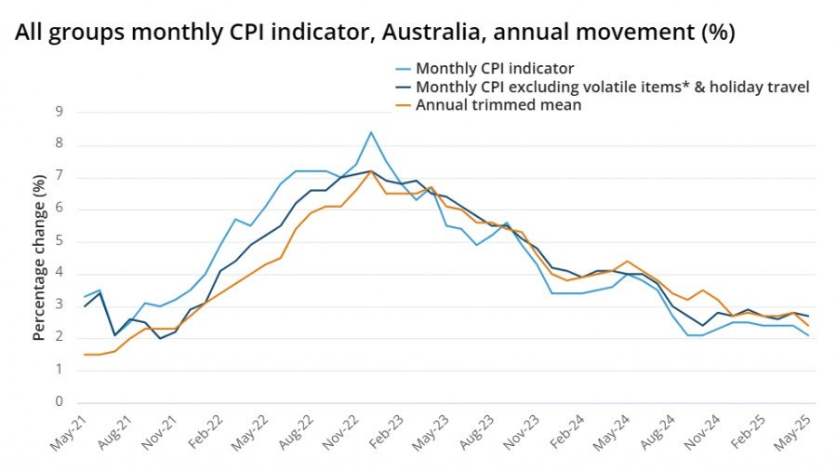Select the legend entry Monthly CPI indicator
coord(495,68)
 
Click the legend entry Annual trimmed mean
coord(498,104)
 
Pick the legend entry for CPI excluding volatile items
coord(613,87)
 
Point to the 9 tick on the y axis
coord(59,112)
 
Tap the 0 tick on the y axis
coord(59,402)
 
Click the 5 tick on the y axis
coord(59,241)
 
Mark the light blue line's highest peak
coord(371,132)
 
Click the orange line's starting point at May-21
coord(84,355)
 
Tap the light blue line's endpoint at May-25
coord(808,335)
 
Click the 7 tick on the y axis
coord(59,177)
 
